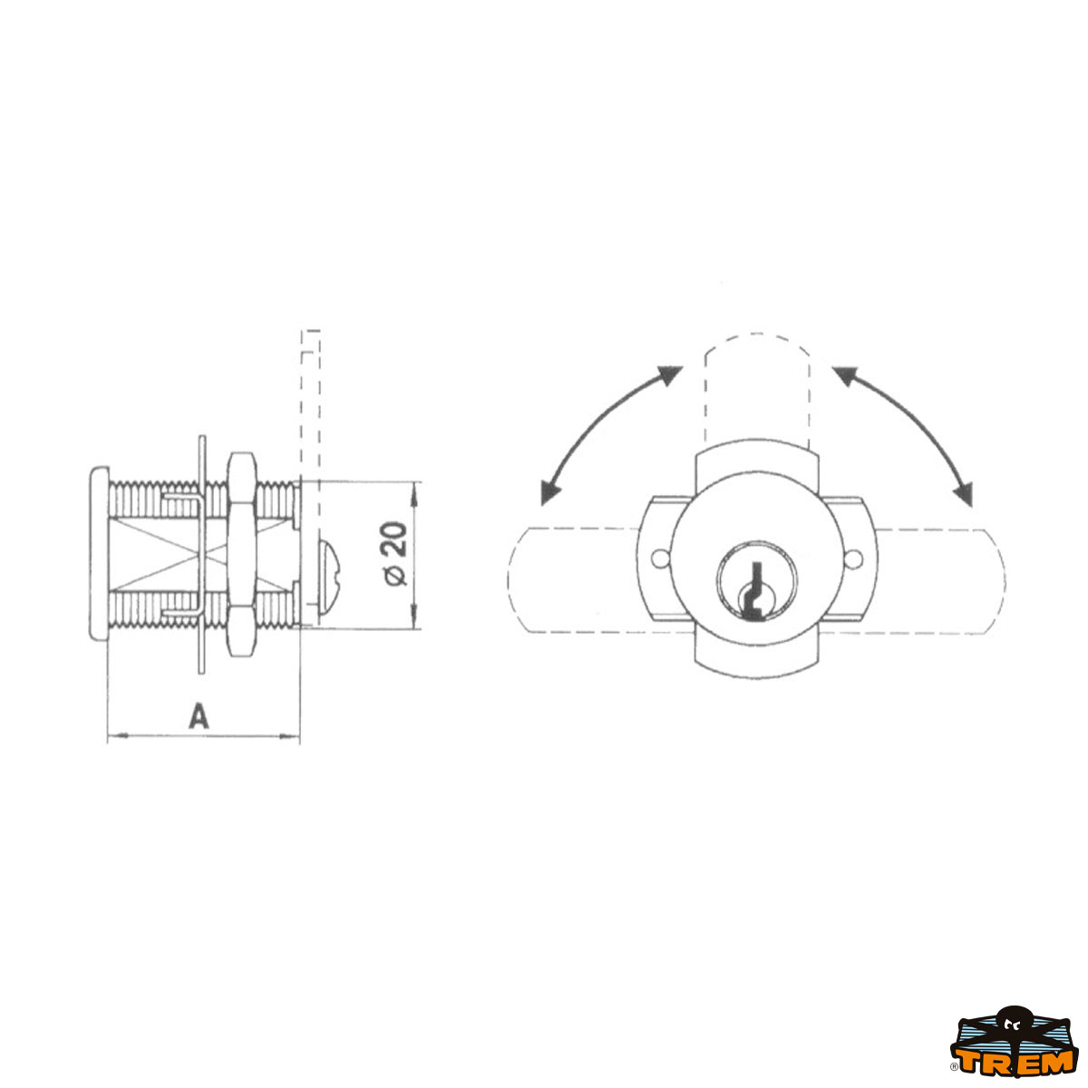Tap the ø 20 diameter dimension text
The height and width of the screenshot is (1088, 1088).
394,554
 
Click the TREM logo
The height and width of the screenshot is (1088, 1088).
1013,1051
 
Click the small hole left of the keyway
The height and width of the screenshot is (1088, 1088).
658,559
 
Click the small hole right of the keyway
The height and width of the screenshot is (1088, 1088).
853,559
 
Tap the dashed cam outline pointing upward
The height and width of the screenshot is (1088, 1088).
756,390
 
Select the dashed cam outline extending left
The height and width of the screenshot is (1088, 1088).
573,580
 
